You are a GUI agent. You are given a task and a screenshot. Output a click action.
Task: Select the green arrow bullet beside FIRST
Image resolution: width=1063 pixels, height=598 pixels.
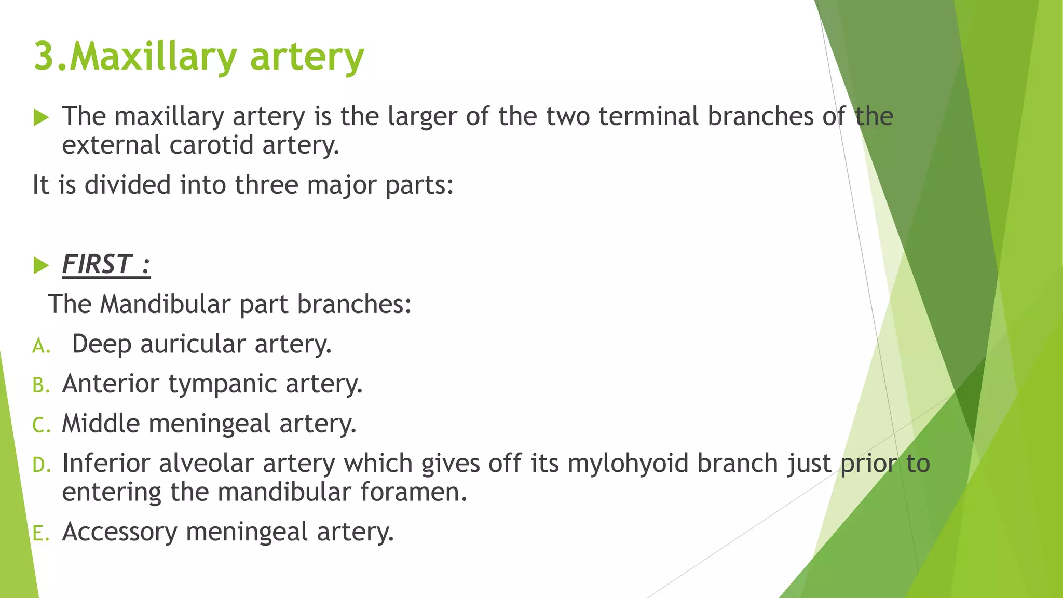tap(41, 265)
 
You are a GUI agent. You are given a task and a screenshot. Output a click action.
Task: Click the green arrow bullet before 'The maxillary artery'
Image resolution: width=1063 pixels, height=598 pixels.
tap(41, 117)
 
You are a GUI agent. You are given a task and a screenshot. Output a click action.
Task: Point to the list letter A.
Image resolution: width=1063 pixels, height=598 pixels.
tap(41, 346)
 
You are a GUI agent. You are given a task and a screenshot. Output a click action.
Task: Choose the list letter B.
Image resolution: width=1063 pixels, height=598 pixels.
tap(41, 386)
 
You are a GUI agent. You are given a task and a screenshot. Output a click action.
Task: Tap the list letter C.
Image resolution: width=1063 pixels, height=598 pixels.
tap(41, 425)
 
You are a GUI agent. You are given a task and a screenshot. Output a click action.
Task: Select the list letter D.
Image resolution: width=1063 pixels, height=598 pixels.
tap(41, 465)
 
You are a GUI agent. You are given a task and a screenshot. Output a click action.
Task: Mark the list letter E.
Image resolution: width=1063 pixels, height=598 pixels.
tap(40, 533)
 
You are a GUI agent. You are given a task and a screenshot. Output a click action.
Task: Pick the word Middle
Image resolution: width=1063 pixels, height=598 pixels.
tap(101, 423)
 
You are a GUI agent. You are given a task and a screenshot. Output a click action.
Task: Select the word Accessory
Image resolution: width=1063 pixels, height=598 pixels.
tap(119, 532)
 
